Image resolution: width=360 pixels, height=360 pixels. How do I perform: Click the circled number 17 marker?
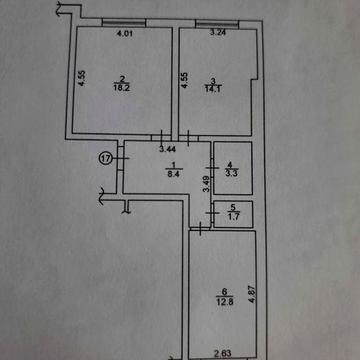106,159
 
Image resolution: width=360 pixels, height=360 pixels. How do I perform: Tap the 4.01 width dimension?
123,33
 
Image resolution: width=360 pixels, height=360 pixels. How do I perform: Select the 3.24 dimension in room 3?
216,33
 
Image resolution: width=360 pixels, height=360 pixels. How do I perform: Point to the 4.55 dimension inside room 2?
82,79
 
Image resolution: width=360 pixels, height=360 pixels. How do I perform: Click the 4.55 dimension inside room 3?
184,80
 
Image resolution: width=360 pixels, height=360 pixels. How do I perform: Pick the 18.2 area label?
122,89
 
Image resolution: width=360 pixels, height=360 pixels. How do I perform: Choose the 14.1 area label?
213,88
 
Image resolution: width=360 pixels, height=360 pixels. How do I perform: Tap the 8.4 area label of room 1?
174,175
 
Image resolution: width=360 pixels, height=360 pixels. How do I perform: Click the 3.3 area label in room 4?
232,173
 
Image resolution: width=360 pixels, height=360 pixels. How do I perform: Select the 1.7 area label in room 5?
232,216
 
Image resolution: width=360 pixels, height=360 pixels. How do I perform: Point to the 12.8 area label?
224,302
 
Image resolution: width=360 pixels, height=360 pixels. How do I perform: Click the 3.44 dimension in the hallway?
167,149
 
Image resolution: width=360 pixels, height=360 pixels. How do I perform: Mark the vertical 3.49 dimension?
207,184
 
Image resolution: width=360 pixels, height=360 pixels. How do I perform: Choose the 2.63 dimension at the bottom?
223,353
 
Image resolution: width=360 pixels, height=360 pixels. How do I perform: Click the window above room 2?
124,23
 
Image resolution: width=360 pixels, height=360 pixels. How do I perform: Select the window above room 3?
217,24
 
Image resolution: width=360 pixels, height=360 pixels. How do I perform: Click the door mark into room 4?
212,167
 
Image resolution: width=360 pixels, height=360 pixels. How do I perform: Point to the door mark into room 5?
211,213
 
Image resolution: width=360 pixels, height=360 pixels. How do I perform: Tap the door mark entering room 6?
200,229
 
